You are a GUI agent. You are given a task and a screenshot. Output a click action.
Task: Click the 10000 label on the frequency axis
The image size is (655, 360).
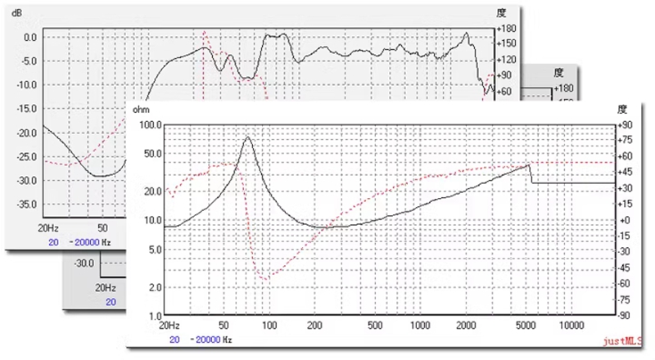coord(571,326)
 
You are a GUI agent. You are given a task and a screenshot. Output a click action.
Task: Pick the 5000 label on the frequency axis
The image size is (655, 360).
coord(530,326)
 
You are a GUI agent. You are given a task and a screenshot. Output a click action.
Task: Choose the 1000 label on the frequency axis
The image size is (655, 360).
coord(420,326)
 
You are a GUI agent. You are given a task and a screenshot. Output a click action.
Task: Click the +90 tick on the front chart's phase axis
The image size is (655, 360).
coord(626,125)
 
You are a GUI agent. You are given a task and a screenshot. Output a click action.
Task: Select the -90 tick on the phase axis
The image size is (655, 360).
coord(626,316)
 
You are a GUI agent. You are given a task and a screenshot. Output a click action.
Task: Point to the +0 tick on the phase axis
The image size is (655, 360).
coord(626,221)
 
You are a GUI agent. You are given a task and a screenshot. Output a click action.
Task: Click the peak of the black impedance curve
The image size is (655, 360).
coord(247,137)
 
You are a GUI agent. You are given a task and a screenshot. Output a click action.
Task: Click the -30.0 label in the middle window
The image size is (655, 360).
coord(84,263)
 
